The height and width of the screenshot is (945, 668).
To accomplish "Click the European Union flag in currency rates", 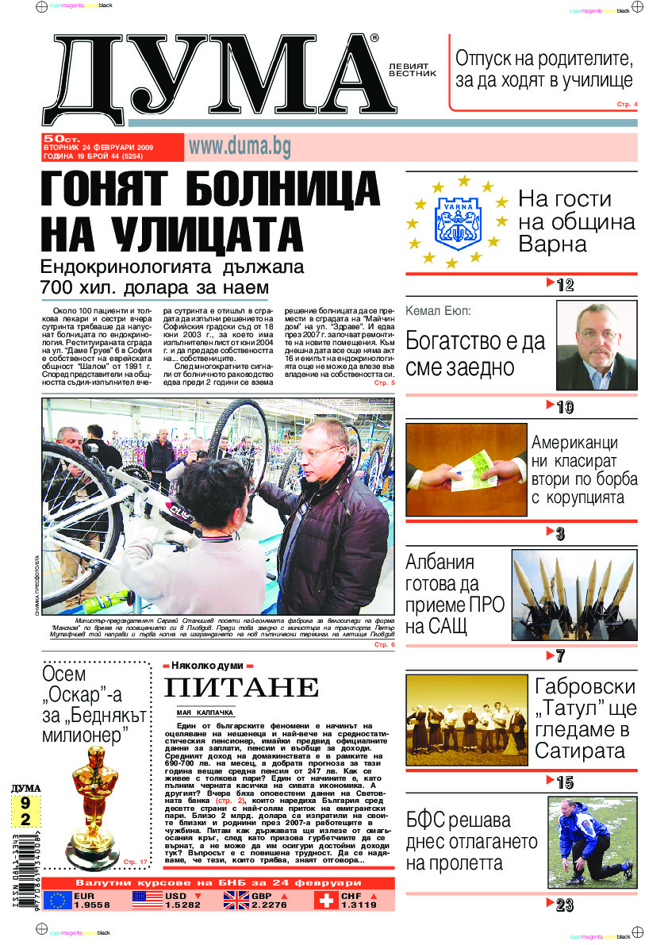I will [57, 900].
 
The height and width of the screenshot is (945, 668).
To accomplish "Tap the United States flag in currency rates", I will [148, 900].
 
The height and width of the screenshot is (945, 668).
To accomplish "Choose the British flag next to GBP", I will [236, 900].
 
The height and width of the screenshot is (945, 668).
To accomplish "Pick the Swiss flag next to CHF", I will [325, 900].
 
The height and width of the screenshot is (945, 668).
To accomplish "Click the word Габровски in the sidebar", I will [585, 686].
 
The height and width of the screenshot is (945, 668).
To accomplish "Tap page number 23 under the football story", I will [564, 905].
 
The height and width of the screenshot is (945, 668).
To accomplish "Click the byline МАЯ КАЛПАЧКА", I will [205, 713].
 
